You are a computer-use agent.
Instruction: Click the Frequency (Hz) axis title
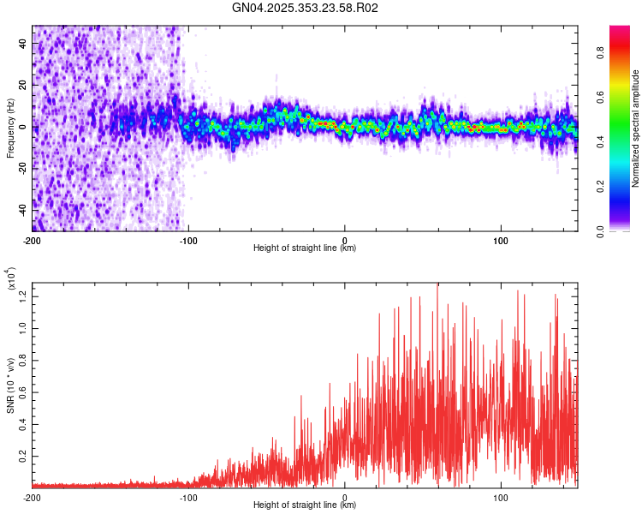[10, 128]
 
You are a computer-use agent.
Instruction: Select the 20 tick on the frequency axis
[22, 85]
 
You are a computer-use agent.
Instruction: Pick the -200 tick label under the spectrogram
[33, 240]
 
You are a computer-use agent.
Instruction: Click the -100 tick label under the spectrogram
[188, 240]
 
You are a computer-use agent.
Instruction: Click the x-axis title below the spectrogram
[305, 248]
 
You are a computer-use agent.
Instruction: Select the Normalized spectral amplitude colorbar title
[636, 128]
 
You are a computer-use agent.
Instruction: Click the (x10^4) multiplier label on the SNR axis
[10, 279]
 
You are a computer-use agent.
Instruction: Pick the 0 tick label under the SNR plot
[344, 497]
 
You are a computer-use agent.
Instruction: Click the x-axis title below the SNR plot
[305, 505]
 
